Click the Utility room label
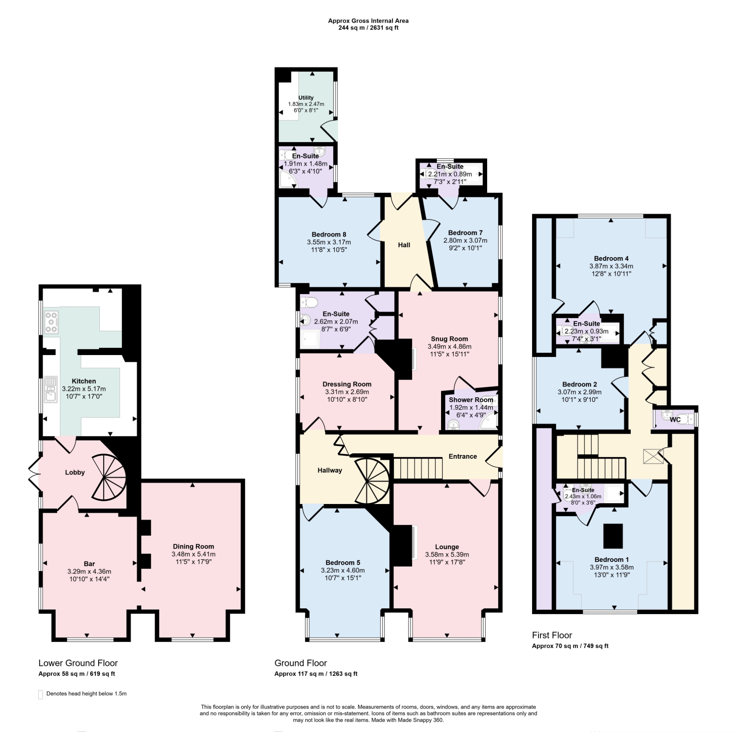306,98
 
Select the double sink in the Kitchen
51,388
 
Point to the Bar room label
89,564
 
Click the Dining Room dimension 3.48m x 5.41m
193,554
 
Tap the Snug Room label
449,339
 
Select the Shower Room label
471,400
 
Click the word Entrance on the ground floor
463,456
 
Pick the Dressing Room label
347,384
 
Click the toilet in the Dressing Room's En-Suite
309,302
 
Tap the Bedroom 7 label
465,233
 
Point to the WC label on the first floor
675,420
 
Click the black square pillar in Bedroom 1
613,536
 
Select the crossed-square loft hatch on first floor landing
653,457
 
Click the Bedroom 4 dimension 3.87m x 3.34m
611,266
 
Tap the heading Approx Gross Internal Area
368,21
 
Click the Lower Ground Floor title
78,663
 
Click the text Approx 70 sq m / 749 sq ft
570,646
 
